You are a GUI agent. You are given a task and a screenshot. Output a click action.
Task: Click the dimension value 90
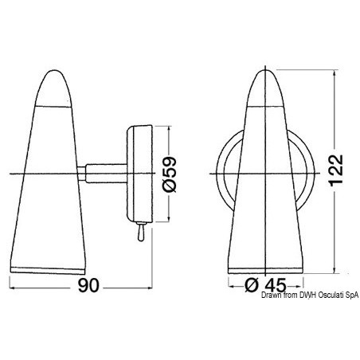pyautogui.click(x=88, y=285)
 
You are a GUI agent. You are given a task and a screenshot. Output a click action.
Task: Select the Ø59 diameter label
pyautogui.click(x=169, y=174)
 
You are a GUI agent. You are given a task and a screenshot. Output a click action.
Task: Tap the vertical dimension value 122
pyautogui.click(x=336, y=170)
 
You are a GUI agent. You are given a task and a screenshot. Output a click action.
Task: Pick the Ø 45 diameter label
pyautogui.click(x=265, y=285)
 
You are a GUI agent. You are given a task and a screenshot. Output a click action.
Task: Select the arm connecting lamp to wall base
pyautogui.click(x=106, y=174)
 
